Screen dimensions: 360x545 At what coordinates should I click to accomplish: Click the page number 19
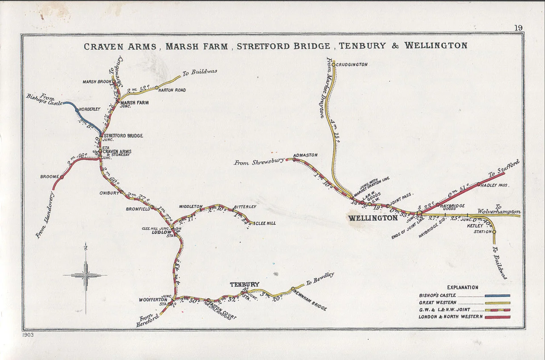point(518,28)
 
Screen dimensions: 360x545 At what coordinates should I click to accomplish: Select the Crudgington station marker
point(334,65)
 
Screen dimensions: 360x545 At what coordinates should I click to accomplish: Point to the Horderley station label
point(89,109)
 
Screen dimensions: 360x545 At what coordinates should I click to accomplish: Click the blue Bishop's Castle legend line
point(497,295)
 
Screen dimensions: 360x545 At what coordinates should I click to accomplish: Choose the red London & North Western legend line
point(497,317)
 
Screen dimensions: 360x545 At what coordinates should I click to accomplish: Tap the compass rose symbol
point(86,276)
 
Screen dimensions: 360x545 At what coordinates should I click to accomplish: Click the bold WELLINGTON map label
point(373,218)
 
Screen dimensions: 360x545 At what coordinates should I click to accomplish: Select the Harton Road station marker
point(157,88)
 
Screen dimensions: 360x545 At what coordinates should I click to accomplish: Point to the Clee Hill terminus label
point(265,223)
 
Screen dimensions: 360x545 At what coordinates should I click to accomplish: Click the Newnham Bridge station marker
point(293,289)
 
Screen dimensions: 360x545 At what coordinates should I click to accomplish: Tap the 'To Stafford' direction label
point(504,168)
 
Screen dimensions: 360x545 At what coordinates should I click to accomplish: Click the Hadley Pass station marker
point(478,184)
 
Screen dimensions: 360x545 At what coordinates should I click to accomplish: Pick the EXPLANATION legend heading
point(462,287)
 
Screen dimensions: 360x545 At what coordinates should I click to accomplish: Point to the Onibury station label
point(109,193)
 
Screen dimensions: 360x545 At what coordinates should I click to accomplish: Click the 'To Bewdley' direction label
point(320,278)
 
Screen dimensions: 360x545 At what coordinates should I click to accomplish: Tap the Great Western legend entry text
point(437,303)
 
